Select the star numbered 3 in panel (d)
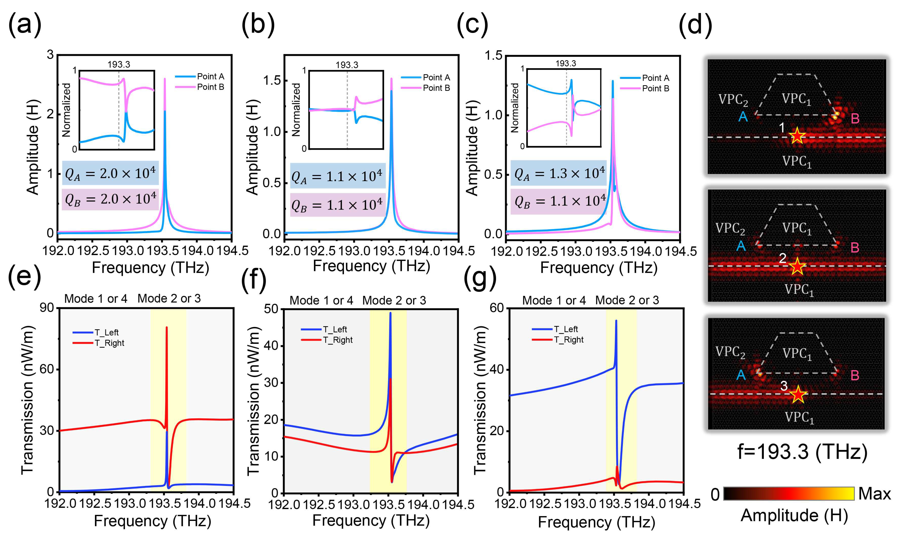coord(798,394)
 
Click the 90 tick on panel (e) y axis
coord(47,308)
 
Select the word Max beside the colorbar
coord(874,494)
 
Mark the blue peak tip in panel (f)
coord(390,313)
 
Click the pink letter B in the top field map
coord(855,119)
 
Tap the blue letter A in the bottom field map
coord(741,375)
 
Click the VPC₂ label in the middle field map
coord(730,229)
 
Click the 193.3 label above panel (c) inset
coord(565,63)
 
